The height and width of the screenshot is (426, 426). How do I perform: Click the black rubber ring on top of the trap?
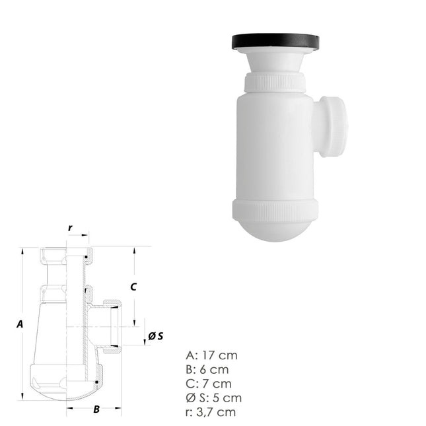(275, 41)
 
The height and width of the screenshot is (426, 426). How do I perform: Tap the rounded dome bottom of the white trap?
(275, 231)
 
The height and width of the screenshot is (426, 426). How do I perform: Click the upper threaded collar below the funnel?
(275, 83)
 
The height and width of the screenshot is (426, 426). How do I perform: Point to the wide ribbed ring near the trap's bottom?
(275, 209)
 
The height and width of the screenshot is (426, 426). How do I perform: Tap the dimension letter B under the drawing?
(96, 409)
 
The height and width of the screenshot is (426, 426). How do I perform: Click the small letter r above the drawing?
(70, 228)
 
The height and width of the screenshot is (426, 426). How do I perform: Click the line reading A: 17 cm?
(211, 355)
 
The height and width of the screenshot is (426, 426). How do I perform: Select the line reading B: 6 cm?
(208, 369)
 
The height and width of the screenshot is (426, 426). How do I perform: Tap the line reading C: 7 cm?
(209, 383)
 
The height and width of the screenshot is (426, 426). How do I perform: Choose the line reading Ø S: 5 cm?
(214, 398)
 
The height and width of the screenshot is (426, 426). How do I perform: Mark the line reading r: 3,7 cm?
(211, 412)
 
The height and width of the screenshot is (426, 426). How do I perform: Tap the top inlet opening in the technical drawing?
(66, 254)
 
